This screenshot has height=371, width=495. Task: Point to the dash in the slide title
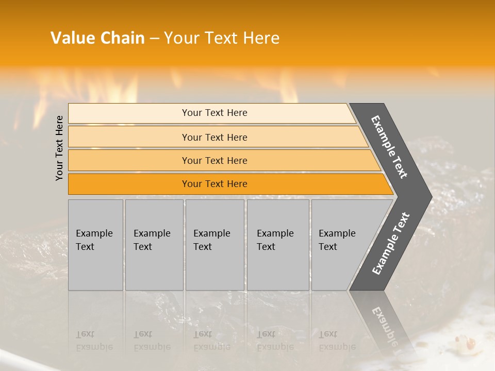(154, 39)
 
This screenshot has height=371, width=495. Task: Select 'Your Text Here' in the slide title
(222, 38)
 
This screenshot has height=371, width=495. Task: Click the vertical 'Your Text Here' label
(59, 148)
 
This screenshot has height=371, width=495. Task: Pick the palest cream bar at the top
(214, 113)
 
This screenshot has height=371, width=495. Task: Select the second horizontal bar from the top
(214, 137)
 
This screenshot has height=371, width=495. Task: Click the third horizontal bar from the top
(214, 160)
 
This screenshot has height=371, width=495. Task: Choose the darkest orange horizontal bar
(214, 184)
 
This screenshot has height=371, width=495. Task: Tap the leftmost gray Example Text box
(95, 245)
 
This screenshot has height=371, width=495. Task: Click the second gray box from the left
(154, 245)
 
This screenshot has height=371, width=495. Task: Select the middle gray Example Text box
(214, 245)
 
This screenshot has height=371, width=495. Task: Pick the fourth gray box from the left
(278, 245)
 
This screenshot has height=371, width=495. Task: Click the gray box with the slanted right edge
(340, 245)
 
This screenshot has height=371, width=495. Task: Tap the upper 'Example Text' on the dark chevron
(389, 147)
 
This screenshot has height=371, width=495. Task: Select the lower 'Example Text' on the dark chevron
(391, 244)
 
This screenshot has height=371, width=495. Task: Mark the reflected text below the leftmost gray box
(94, 341)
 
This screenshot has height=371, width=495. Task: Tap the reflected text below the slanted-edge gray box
(337, 341)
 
